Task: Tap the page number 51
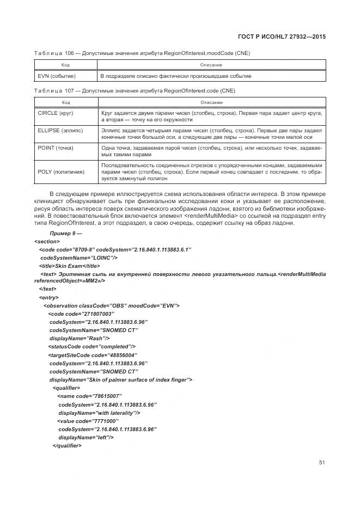tap(322, 462)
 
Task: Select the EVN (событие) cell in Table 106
tap(57, 76)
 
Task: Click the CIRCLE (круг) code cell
tap(56, 112)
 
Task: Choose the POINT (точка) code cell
tap(55, 148)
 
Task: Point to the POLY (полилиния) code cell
tap(61, 171)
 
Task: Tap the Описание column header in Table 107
tap(211, 102)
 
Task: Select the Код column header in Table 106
tap(65, 65)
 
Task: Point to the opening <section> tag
tap(47, 241)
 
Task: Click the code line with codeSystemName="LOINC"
tap(79, 257)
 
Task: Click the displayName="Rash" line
tap(80, 338)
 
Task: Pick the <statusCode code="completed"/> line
tap(91, 346)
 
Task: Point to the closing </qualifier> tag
tap(66, 446)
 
